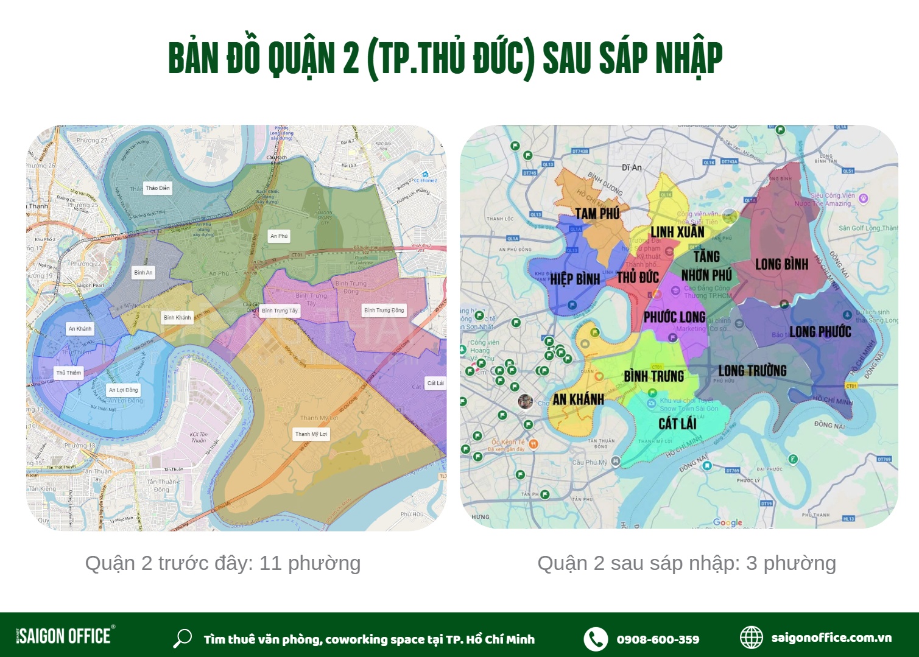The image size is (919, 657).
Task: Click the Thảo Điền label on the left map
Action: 158,188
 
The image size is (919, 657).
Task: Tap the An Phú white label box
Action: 279,236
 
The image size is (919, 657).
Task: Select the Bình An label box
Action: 144,273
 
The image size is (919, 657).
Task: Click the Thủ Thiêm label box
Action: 68,373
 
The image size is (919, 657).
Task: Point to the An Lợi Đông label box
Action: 123,390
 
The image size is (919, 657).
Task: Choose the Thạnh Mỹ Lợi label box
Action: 311,434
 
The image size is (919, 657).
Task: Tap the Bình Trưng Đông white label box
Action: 384,311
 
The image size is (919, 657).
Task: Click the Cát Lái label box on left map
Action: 435,383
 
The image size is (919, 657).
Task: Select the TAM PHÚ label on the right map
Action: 597,214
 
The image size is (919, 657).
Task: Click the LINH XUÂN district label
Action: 677,232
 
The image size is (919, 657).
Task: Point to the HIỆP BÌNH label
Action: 575,279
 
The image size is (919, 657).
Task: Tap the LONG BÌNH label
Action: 781,264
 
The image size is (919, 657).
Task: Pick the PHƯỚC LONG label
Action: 674,317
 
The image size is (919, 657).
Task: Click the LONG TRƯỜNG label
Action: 752,371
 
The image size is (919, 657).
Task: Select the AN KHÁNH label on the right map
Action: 578,399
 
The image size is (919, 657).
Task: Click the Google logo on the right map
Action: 727,522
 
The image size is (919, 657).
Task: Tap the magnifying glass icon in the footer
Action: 182,638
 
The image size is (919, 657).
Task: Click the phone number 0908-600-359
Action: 658,639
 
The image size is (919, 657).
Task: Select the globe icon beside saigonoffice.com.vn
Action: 751,638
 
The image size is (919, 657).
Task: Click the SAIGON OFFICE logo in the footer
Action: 65,636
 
